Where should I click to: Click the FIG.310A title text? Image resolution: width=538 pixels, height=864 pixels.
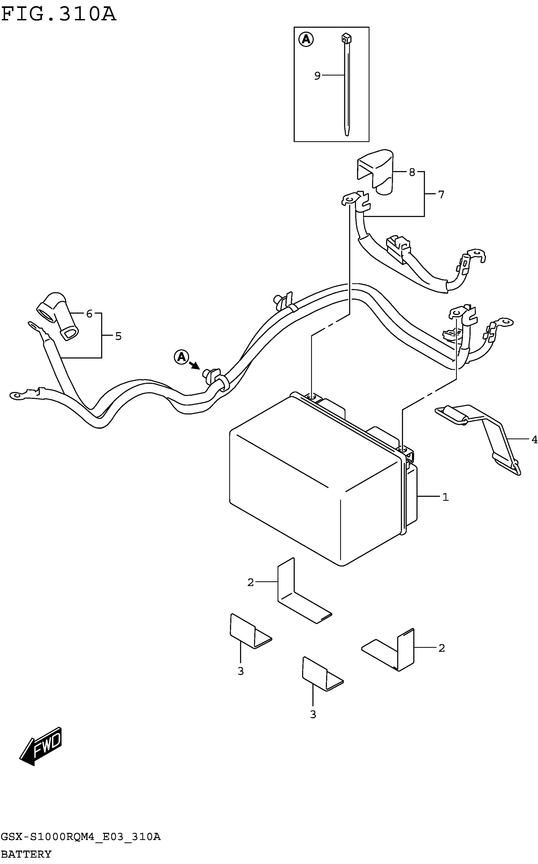tap(59, 15)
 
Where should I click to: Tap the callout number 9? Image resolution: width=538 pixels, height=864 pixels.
tap(317, 76)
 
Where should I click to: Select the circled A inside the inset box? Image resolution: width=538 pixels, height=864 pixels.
tap(306, 39)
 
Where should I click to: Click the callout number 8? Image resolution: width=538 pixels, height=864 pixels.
tap(412, 172)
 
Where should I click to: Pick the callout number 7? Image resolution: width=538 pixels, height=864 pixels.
tap(441, 195)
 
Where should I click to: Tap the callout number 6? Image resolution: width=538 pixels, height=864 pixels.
tap(89, 314)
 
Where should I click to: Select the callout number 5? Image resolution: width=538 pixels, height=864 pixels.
tap(118, 336)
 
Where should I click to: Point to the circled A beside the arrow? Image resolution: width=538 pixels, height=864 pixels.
tap(181, 357)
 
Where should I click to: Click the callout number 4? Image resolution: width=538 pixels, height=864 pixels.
tap(534, 440)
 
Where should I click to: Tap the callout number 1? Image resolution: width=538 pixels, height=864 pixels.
tap(446, 497)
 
